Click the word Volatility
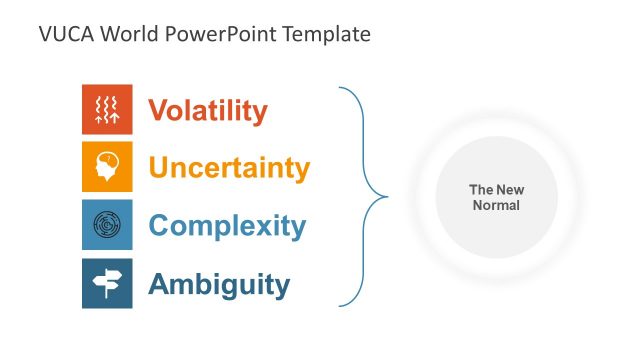coord(208,110)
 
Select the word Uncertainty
coord(229,167)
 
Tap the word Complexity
coord(227,225)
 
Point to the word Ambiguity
coord(219,284)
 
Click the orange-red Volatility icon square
coord(107,109)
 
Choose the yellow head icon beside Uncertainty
coord(107,167)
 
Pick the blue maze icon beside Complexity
coord(107,225)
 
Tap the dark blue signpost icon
coord(107,283)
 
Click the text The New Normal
coord(496,197)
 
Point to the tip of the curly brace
coord(387,196)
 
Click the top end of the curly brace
coord(340,88)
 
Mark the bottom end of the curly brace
coord(340,305)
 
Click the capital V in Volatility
coord(157,110)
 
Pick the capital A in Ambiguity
coord(158,284)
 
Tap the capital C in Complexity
coord(159,225)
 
